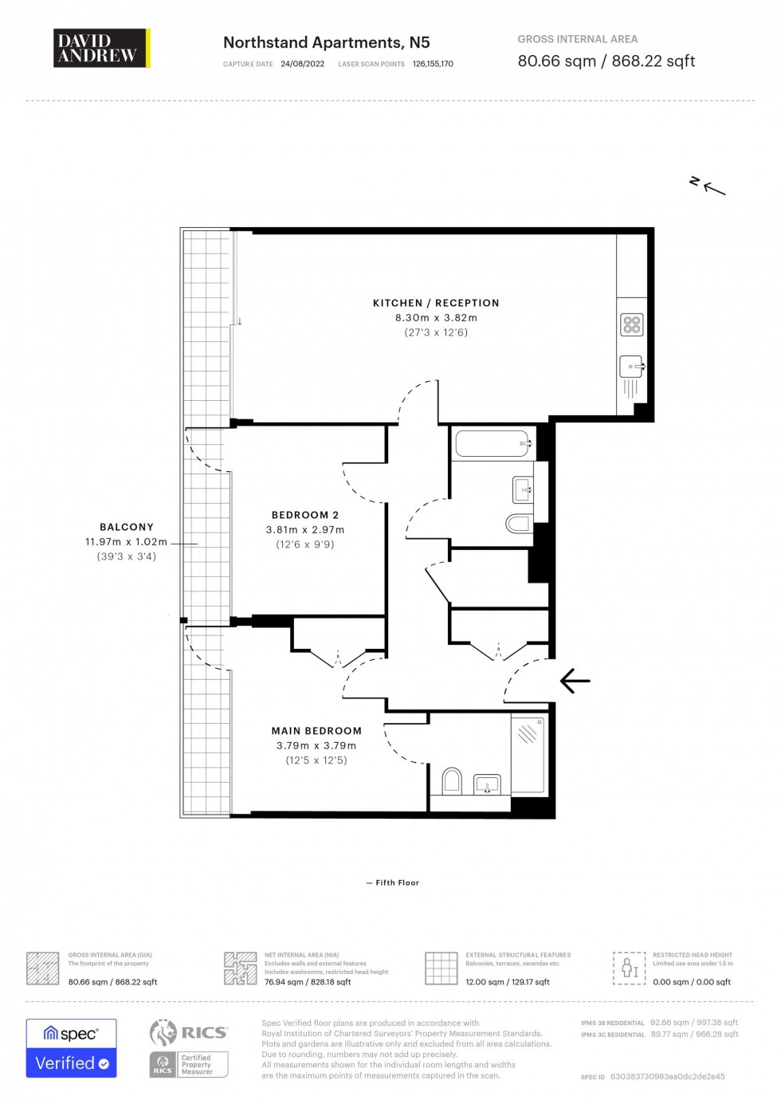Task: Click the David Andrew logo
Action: pyautogui.click(x=101, y=48)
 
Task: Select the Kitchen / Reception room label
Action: pyautogui.click(x=436, y=303)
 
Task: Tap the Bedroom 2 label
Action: pyautogui.click(x=305, y=515)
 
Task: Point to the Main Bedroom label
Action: pyautogui.click(x=316, y=731)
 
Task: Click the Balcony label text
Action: pyautogui.click(x=127, y=527)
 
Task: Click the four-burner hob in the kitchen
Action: pyautogui.click(x=631, y=324)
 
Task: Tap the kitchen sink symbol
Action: pyautogui.click(x=631, y=367)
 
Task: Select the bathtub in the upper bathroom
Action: pyautogui.click(x=493, y=443)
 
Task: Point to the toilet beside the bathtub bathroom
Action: pyautogui.click(x=519, y=524)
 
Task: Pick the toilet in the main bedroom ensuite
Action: pyautogui.click(x=452, y=781)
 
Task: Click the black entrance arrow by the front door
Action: pyautogui.click(x=575, y=681)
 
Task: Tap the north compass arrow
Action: pyautogui.click(x=708, y=186)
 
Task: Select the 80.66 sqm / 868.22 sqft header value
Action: pyautogui.click(x=606, y=61)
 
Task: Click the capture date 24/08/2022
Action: pyautogui.click(x=302, y=64)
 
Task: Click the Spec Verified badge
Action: pyautogui.click(x=71, y=1048)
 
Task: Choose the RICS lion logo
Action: pyautogui.click(x=163, y=1032)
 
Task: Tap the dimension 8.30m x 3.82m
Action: pyautogui.click(x=436, y=317)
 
